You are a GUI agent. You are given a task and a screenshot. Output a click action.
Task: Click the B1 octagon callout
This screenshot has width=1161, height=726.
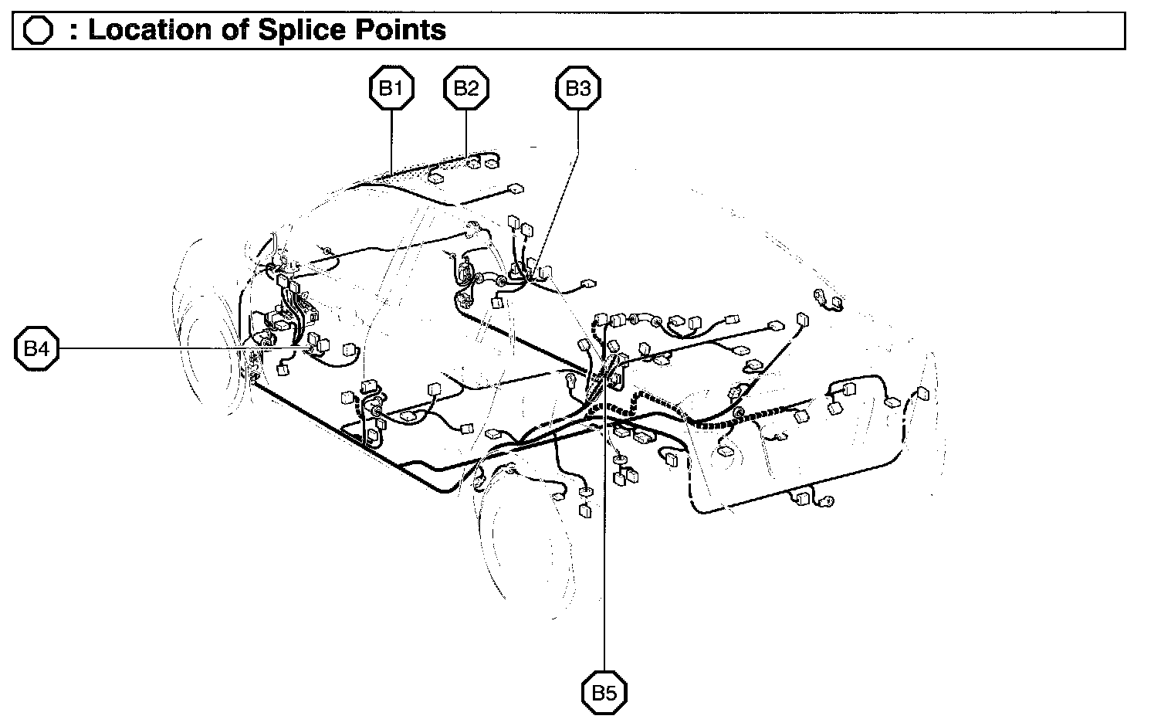coord(391,89)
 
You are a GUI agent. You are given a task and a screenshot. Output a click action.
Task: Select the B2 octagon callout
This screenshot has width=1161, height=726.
coord(466,89)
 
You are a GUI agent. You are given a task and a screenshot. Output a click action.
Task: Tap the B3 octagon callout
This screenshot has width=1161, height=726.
coord(578,89)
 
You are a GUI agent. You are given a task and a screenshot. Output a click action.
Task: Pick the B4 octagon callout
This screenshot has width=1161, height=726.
coord(36,349)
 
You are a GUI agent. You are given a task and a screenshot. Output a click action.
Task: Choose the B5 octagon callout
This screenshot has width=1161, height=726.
coord(604,693)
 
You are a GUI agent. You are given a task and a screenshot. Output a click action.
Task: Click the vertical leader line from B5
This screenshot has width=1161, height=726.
coord(604,541)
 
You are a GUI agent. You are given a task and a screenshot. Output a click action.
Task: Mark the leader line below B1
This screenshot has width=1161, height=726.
coord(391,139)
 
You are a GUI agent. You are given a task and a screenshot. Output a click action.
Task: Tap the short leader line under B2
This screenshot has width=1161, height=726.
coord(466,131)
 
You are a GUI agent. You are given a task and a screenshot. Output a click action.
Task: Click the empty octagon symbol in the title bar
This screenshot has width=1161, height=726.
coord(38,31)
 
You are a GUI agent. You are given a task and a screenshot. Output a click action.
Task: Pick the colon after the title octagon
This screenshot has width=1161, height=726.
coord(73,31)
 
